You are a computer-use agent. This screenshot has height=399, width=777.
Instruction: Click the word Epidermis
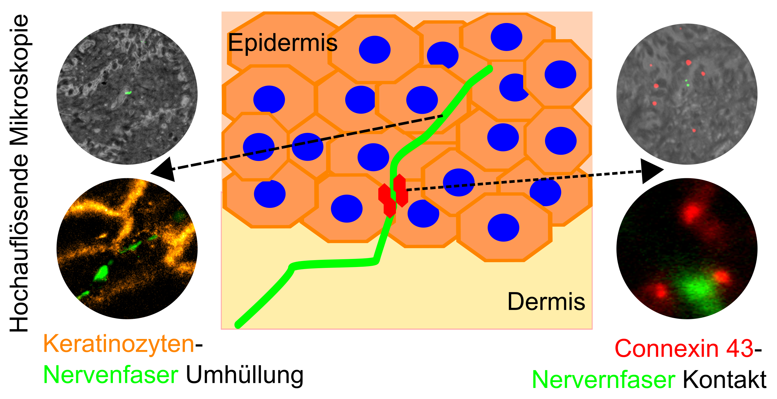pyautogui.click(x=282, y=43)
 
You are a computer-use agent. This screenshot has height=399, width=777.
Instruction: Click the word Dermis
pyautogui.click(x=546, y=301)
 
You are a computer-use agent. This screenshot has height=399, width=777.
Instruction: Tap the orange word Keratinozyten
pyautogui.click(x=119, y=344)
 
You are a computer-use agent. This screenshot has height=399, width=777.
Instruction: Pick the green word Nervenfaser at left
pyautogui.click(x=111, y=375)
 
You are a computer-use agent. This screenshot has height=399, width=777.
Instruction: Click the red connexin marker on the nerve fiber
pyautogui.click(x=393, y=195)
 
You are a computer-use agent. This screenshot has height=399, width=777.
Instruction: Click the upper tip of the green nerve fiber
pyautogui.click(x=490, y=68)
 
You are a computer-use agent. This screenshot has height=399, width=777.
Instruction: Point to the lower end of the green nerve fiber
pyautogui.click(x=238, y=325)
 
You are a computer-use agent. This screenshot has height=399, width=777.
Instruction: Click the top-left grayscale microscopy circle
pyautogui.click(x=127, y=94)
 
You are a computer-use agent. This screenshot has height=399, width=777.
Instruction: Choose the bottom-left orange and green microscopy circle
pyautogui.click(x=127, y=248)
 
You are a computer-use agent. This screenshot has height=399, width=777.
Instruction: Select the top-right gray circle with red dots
pyautogui.click(x=687, y=94)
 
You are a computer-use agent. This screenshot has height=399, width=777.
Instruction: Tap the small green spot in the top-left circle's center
pyautogui.click(x=128, y=93)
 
